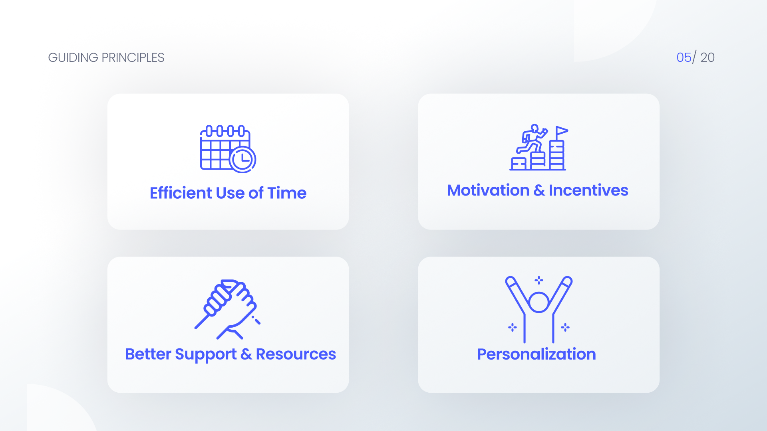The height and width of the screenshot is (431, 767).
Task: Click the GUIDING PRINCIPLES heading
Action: coord(106,57)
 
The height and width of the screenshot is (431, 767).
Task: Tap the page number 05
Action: coord(684,57)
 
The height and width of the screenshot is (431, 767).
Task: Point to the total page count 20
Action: coord(707,57)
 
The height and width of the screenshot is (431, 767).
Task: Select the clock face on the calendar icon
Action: coord(242,160)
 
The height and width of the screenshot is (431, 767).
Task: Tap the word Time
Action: coord(287,193)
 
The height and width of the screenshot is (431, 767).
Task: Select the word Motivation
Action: coord(488,190)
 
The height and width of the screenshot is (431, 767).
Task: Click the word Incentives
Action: coord(588,190)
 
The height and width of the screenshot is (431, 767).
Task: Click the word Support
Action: coord(205,354)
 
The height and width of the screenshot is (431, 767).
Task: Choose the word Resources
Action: coord(296,354)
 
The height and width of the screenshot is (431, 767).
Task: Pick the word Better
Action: coord(148,354)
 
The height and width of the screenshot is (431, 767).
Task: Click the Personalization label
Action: coord(536,354)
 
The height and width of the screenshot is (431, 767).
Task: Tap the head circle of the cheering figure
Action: coord(538,302)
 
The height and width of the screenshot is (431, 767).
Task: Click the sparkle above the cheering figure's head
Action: coord(538,280)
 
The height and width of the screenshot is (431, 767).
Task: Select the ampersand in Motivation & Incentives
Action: coord(539,190)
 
